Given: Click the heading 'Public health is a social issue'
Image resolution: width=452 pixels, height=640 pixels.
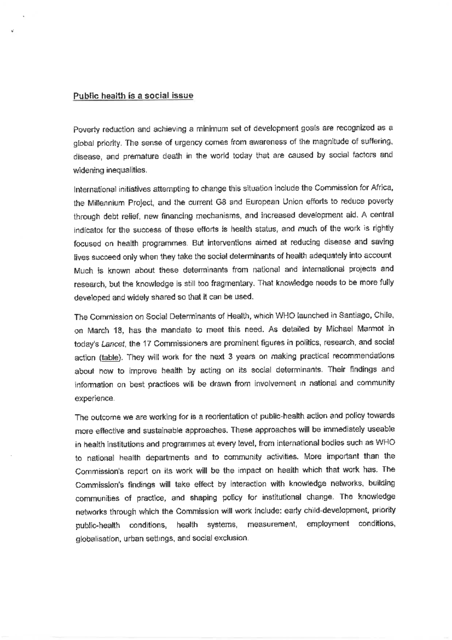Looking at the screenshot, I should coord(133,95).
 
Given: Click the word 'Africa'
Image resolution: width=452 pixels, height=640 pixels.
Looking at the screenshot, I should coord(383,187).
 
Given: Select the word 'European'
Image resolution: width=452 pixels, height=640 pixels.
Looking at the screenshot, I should coord(263,201).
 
